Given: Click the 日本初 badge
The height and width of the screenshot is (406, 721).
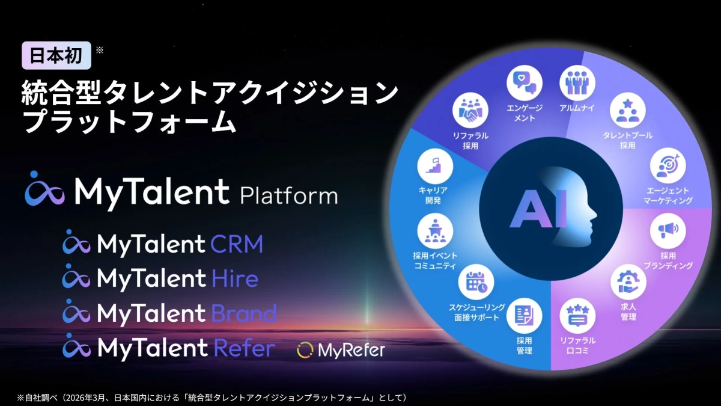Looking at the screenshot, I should click(56, 56).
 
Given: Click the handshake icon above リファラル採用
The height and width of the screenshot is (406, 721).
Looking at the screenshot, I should click(470, 109).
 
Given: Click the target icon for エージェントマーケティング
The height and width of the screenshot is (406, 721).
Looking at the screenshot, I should click(668, 165).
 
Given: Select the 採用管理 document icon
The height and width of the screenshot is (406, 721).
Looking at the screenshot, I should click(524, 316).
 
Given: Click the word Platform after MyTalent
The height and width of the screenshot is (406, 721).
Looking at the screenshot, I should click(288, 195).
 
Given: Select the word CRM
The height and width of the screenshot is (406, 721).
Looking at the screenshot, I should click(237, 244).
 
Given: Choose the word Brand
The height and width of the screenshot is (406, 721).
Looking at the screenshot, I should click(244, 313).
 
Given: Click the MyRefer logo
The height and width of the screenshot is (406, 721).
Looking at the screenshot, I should click(341, 349).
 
